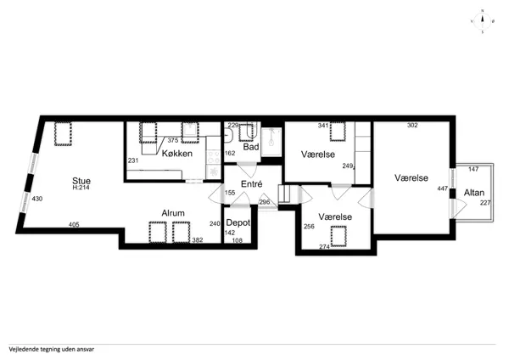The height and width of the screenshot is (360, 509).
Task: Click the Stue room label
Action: (x=81, y=181)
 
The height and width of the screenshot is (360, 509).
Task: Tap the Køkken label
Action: (x=177, y=154)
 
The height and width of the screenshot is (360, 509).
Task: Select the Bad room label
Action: (x=251, y=147)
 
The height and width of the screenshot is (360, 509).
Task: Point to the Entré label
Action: (x=252, y=184)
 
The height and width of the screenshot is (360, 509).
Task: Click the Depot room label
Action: (x=238, y=223)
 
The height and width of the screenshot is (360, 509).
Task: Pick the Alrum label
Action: (x=173, y=213)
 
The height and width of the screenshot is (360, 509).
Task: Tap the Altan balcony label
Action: (x=474, y=193)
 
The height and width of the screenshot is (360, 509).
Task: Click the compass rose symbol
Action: (x=483, y=21)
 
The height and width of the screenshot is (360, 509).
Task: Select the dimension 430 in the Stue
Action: (x=37, y=199)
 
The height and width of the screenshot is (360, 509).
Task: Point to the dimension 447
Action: (x=443, y=188)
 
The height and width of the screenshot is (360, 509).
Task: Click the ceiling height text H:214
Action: (x=81, y=188)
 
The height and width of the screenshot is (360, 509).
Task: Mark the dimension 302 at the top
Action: (x=412, y=125)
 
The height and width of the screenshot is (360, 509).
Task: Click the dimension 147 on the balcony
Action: (x=473, y=169)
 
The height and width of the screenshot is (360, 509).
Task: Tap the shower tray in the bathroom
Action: (x=271, y=142)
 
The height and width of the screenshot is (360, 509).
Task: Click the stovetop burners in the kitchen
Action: (x=213, y=156)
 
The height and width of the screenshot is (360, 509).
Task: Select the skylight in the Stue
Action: (x=63, y=133)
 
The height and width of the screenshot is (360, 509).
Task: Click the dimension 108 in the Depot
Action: (x=238, y=240)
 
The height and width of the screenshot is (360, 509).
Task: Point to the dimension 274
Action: (x=324, y=247)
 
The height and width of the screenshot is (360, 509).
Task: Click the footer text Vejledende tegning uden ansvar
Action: (x=52, y=350)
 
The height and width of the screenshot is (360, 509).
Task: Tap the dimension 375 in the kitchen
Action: (x=173, y=140)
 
